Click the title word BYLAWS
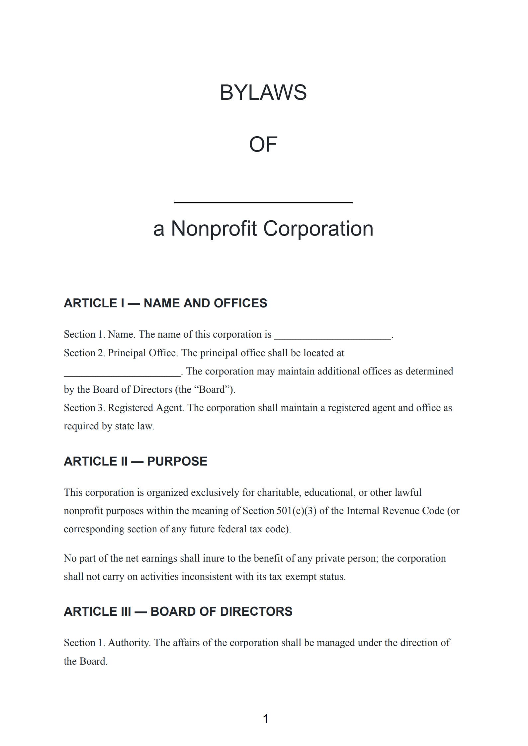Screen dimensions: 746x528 pos(263,92)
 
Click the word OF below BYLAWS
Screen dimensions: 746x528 pos(263,145)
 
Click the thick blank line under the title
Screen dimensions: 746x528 pos(263,202)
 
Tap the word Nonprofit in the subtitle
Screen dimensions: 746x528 pos(214,229)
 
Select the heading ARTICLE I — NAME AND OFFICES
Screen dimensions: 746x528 pos(165,303)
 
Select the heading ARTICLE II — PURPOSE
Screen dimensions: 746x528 pos(135,461)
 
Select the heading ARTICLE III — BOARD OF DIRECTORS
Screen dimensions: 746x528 pos(178,611)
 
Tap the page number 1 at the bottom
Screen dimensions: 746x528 pos(265,719)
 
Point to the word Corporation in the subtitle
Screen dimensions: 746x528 pos(318,229)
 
